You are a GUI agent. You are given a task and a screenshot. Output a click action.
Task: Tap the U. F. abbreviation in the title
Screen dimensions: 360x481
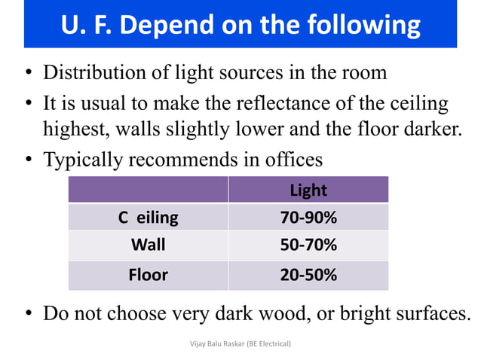pyautogui.click(x=89, y=26)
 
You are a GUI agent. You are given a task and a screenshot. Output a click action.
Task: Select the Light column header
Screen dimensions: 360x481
pyautogui.click(x=308, y=190)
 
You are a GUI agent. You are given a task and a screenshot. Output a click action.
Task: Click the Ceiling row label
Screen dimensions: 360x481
pyautogui.click(x=148, y=218)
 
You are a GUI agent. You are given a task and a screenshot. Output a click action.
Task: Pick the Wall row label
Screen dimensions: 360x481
pyautogui.click(x=148, y=246)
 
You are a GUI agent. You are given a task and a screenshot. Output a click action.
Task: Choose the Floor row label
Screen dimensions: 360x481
pyautogui.click(x=148, y=275)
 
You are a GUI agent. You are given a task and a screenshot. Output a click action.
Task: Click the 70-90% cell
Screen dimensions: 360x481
pyautogui.click(x=308, y=218)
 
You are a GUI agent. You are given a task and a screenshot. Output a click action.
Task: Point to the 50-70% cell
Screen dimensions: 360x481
pyautogui.click(x=308, y=246)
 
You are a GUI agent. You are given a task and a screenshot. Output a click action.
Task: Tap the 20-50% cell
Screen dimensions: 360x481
pyautogui.click(x=308, y=275)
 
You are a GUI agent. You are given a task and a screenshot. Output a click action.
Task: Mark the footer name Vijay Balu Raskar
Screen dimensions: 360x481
pyautogui.click(x=219, y=343)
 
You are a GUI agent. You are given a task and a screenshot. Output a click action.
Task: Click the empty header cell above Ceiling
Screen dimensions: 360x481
pyautogui.click(x=148, y=190)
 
